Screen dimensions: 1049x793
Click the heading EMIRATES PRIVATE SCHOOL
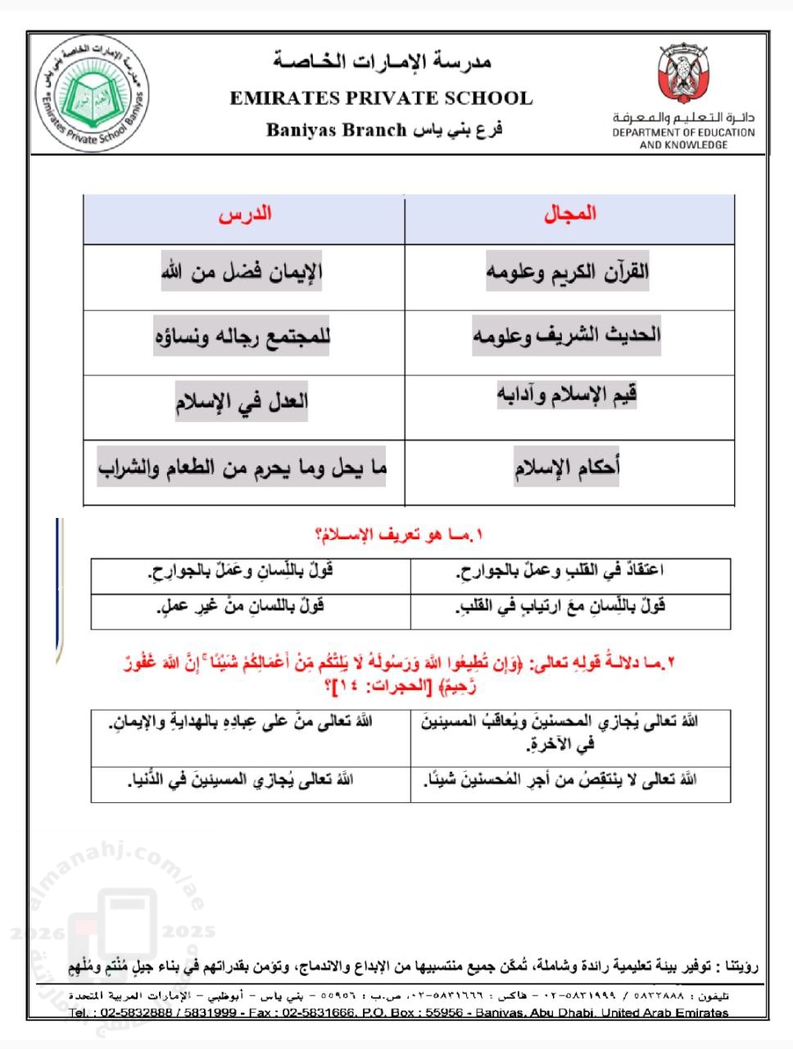point(381,99)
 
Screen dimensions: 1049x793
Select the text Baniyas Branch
point(337,129)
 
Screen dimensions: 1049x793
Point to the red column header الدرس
point(245,215)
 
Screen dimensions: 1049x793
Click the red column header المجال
point(570,215)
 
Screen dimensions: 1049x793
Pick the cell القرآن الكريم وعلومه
point(567,271)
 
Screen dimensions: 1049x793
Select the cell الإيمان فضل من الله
point(242,271)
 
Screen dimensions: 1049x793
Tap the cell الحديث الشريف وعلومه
point(567,335)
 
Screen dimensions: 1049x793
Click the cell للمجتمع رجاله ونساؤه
point(242,337)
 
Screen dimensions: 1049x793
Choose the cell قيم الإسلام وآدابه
point(567,396)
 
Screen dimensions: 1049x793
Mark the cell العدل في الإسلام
point(242,402)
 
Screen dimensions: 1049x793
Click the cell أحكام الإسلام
point(567,468)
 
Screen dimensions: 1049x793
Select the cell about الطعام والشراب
point(242,468)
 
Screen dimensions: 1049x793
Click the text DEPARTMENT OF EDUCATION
point(683,132)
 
